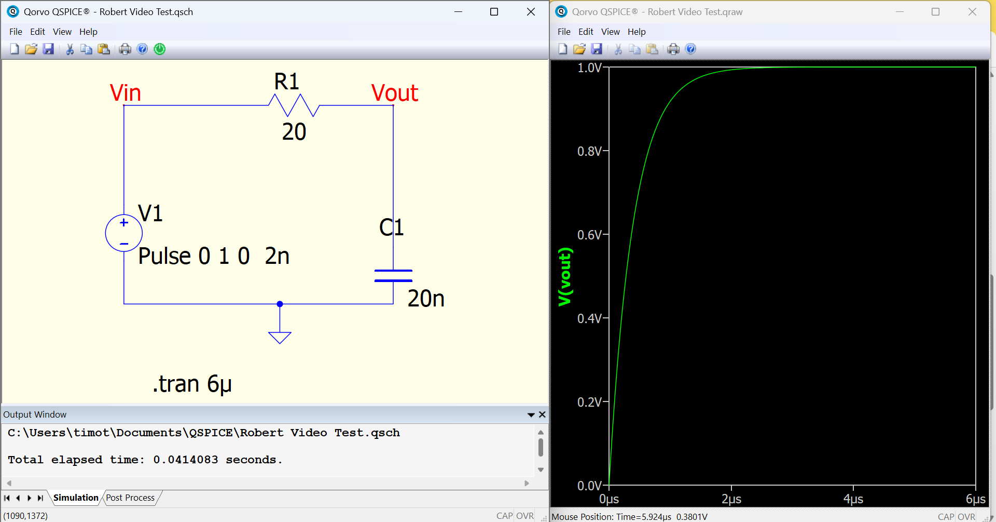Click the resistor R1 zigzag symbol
294,105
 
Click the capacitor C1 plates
393,276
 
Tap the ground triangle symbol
280,338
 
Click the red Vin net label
126,93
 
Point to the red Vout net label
395,93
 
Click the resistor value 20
294,132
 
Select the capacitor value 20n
426,299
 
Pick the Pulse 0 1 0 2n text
214,256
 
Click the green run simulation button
160,49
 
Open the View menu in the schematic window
62,32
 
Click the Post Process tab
130,498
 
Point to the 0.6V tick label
589,235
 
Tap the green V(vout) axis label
565,277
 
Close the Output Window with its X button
542,414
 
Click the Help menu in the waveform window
637,32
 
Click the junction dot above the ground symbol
280,304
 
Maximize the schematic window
494,11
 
